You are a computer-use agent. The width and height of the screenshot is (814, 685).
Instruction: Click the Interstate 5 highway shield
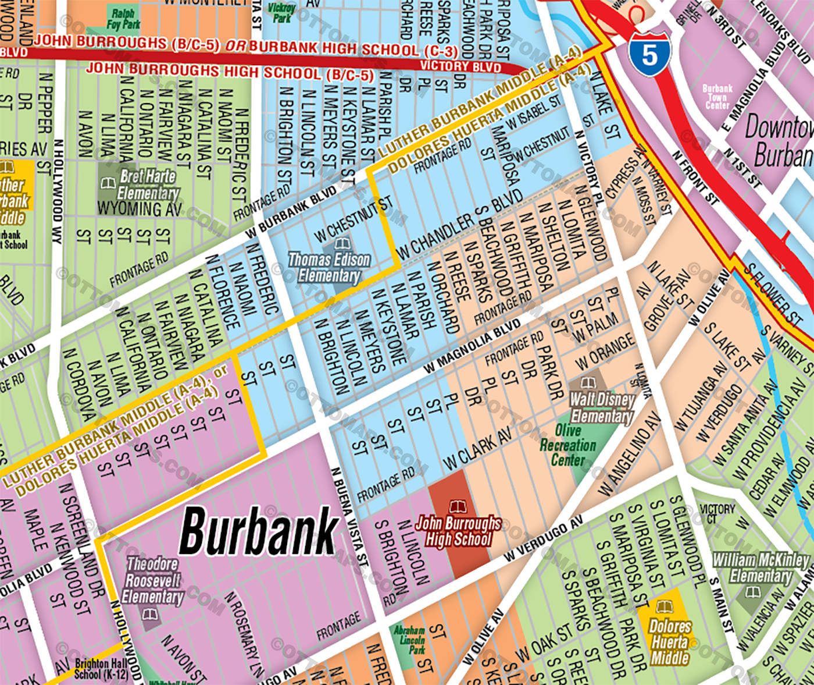[649, 55]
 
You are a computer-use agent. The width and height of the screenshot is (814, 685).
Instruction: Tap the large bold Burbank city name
[259, 531]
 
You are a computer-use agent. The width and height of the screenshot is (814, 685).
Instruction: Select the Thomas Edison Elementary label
[330, 268]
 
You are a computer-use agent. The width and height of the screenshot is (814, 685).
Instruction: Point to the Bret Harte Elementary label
[148, 184]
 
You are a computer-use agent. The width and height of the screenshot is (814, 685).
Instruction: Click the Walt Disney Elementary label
[601, 408]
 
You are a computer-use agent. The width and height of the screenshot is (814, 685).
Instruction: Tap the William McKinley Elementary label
[761, 568]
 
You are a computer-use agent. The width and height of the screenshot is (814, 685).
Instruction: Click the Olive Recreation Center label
[567, 445]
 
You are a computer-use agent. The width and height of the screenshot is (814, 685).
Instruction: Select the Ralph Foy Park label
[123, 19]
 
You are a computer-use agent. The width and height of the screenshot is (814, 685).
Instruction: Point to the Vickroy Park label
[281, 12]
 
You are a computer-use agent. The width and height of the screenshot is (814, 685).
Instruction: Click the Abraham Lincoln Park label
[409, 639]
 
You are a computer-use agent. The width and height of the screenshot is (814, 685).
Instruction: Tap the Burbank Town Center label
[717, 97]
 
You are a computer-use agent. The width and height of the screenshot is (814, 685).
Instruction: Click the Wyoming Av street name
[140, 208]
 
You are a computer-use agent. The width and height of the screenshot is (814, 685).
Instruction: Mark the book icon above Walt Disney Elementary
[588, 382]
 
